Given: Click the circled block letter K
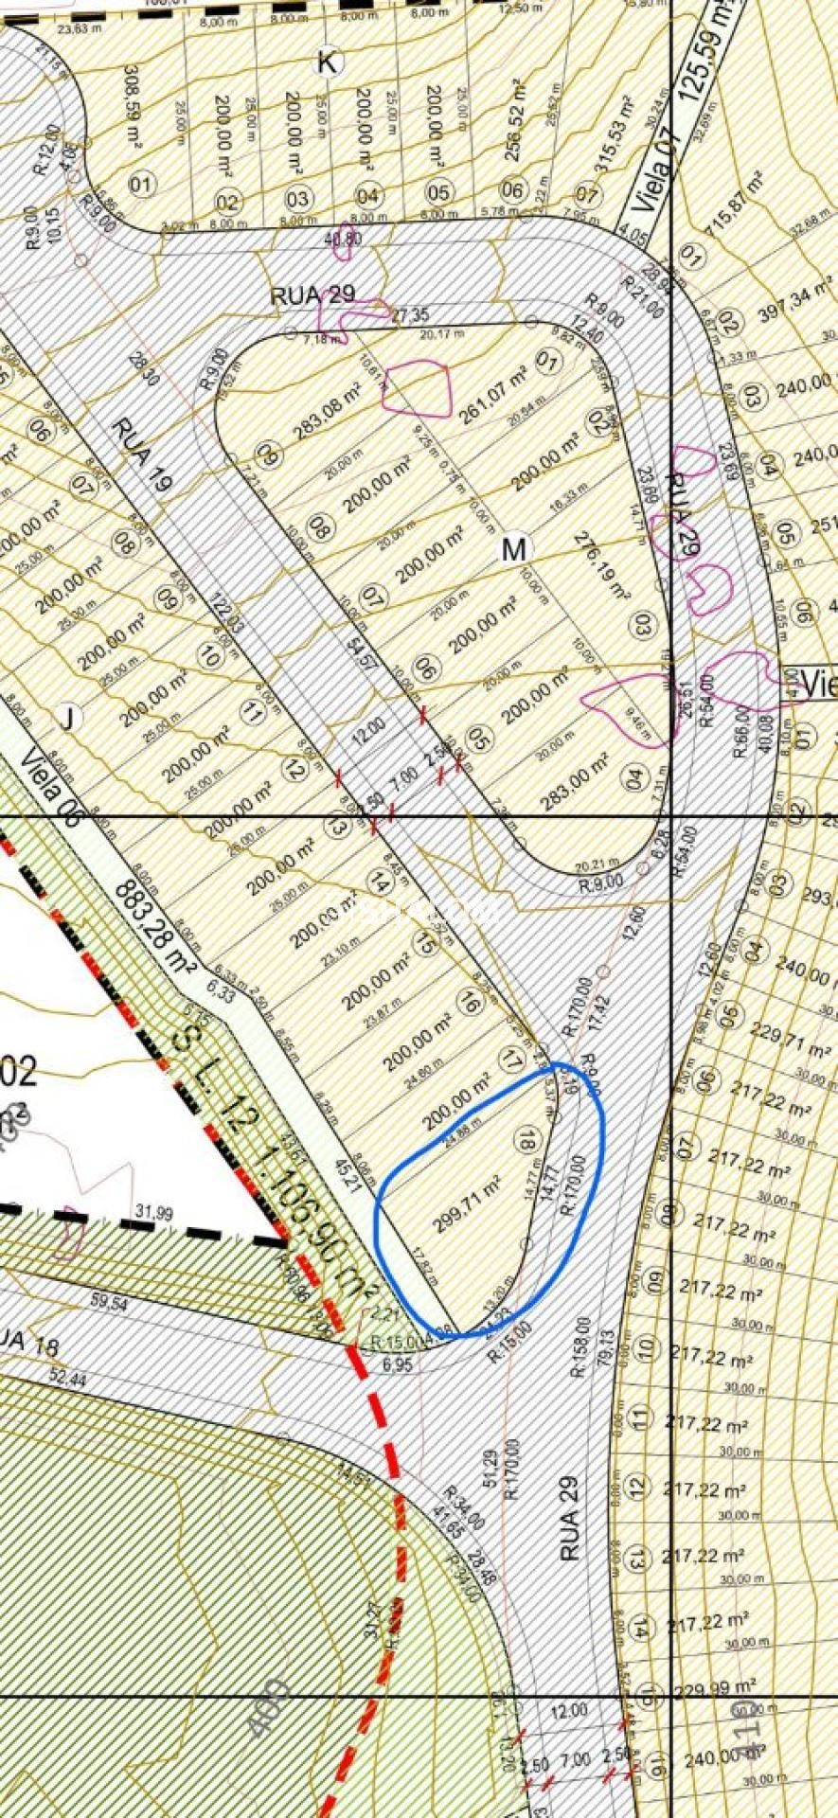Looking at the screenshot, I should [327, 63].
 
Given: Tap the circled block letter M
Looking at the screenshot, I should [513, 549].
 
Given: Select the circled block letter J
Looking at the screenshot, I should [67, 719].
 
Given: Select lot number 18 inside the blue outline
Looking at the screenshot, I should [526, 1138].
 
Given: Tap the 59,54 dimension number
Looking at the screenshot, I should [109, 1303].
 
